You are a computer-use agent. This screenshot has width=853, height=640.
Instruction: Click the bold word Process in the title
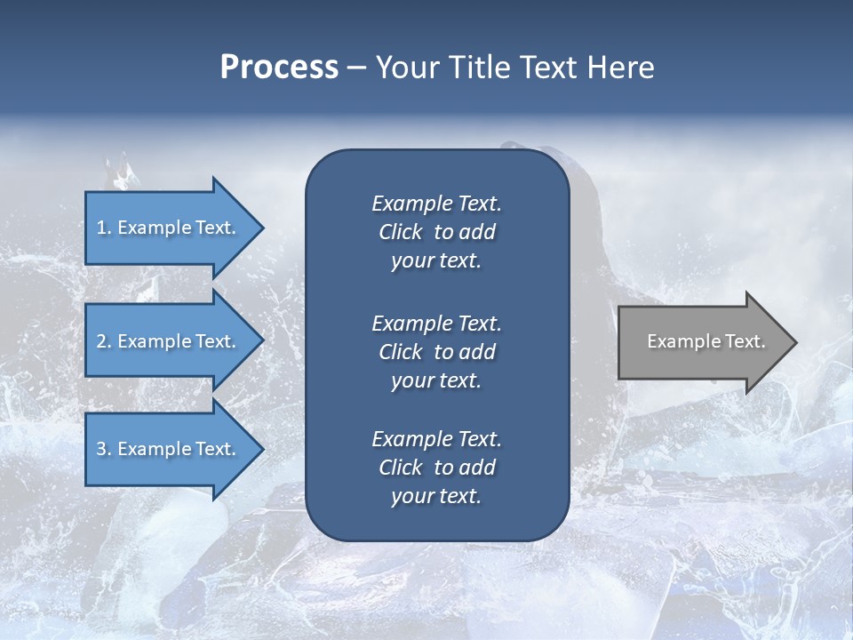(279, 68)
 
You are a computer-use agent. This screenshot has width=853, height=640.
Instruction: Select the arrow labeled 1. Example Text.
(169, 228)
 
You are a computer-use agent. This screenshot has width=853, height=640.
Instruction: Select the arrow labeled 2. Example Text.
(169, 341)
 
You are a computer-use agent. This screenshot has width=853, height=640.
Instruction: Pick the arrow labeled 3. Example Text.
(169, 449)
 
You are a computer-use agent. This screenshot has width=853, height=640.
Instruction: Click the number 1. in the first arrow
(104, 228)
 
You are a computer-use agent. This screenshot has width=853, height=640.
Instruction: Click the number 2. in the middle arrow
(104, 341)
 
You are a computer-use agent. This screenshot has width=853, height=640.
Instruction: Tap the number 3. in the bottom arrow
(104, 449)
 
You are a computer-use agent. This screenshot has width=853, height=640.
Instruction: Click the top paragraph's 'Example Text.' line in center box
(436, 204)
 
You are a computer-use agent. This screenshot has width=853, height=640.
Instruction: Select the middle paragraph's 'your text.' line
(436, 380)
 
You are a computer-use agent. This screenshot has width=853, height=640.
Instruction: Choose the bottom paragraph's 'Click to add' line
(436, 468)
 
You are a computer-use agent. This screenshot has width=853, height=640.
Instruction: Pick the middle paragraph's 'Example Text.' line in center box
(436, 324)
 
